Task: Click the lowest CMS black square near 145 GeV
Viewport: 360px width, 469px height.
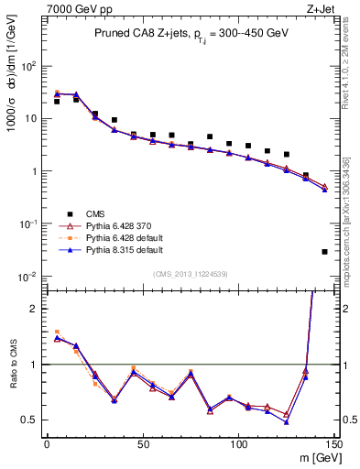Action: (325, 252)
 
